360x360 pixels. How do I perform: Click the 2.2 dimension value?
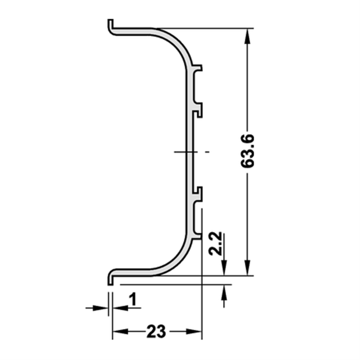coord(216,244)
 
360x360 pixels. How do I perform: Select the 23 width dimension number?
coord(156,332)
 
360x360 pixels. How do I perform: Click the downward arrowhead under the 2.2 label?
coord(224,268)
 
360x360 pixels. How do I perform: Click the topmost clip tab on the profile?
coord(198,68)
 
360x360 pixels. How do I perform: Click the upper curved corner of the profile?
coord(177,45)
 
